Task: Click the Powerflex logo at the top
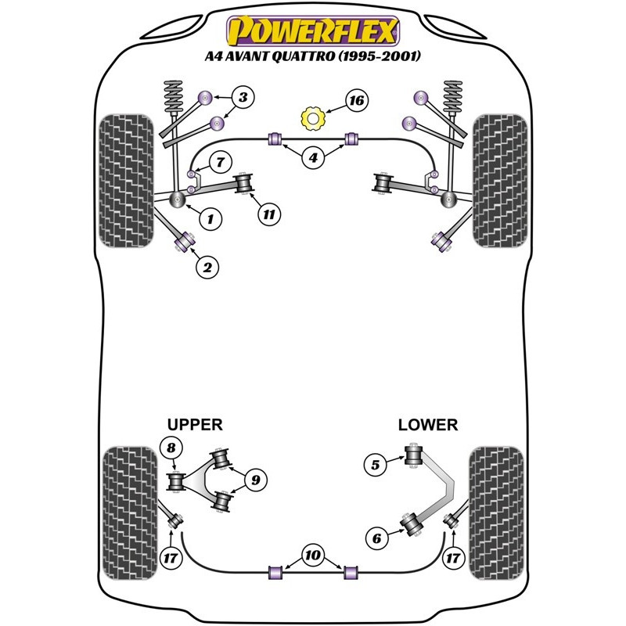[313, 31]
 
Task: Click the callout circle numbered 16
[356, 101]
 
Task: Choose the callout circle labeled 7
[220, 163]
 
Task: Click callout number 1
[209, 219]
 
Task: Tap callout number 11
[270, 213]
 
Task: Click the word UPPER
[195, 424]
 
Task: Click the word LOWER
[427, 424]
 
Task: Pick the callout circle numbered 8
[170, 448]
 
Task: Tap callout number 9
[254, 479]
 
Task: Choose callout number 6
[376, 538]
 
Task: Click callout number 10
[313, 556]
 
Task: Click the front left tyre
[128, 180]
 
